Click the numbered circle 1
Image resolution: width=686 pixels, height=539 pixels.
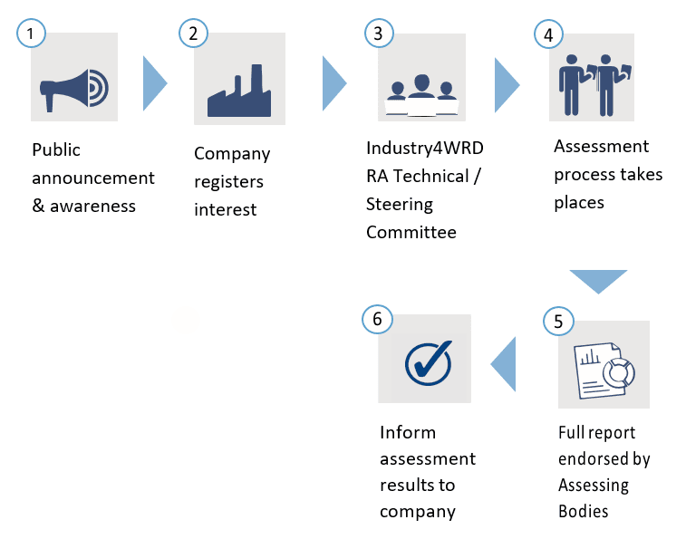click(x=32, y=34)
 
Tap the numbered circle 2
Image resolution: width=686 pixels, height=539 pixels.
click(x=193, y=34)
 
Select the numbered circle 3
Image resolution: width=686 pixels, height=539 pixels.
click(x=378, y=34)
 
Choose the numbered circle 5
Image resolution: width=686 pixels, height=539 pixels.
click(x=558, y=321)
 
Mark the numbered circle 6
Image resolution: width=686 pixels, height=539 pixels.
click(x=376, y=318)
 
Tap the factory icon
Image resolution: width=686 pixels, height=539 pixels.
click(x=239, y=91)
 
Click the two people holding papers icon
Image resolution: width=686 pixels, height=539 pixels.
click(x=593, y=83)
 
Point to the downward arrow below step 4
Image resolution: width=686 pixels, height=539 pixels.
click(x=597, y=281)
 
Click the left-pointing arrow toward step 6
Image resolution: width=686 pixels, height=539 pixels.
click(x=503, y=365)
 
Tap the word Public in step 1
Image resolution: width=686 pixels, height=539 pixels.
click(x=56, y=150)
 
